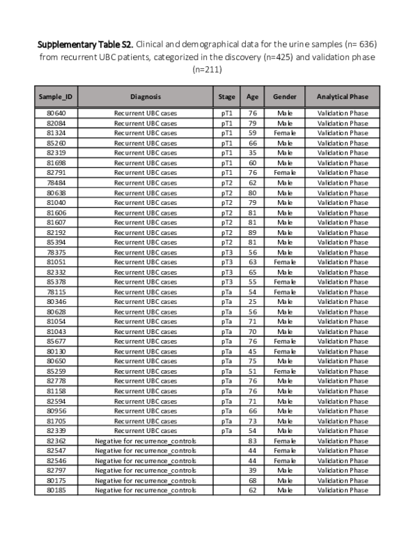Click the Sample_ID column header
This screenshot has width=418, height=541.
(x=56, y=97)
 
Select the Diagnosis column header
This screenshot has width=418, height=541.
(x=145, y=97)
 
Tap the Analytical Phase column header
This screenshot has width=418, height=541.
(x=342, y=97)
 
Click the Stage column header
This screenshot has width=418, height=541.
(x=226, y=97)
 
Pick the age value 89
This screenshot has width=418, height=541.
(x=252, y=232)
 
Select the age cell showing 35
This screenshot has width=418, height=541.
(x=252, y=153)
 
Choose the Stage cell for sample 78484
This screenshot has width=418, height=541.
(x=226, y=183)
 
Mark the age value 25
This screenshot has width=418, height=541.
(x=252, y=302)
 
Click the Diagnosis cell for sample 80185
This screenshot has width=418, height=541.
(x=145, y=490)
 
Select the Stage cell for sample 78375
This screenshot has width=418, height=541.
(x=226, y=252)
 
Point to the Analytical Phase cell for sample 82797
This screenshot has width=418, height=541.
(x=342, y=471)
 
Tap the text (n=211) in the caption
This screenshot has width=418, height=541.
(x=208, y=69)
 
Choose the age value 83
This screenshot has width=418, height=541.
(x=252, y=441)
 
